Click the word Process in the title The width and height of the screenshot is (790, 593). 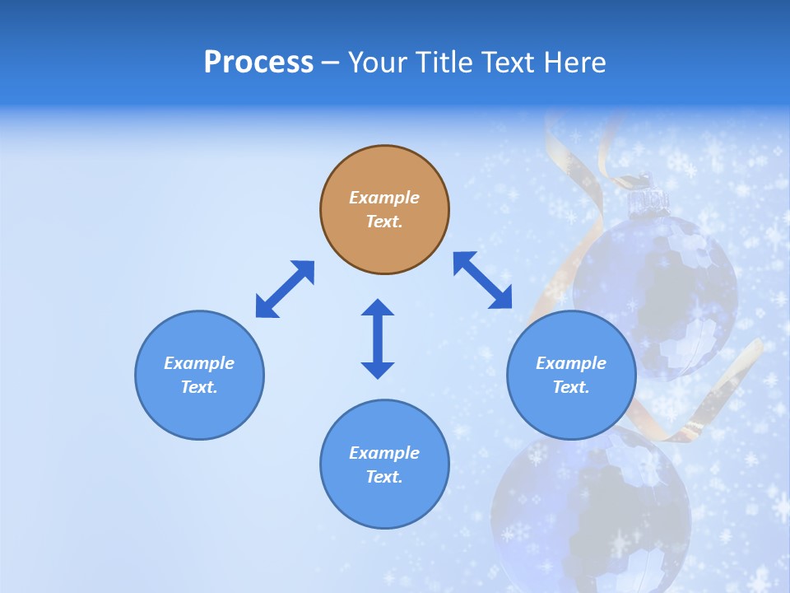click(258, 63)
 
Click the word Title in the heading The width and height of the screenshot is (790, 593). click(442, 63)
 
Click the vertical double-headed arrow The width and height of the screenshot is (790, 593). click(378, 339)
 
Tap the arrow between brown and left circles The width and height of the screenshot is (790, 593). click(285, 289)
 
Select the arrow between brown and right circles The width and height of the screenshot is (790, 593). click(482, 281)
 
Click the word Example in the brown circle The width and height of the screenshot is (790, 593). click(384, 198)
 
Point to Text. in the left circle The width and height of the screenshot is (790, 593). click(199, 387)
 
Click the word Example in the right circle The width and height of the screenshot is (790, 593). click(571, 363)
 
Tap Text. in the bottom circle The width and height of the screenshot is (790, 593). click(384, 477)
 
